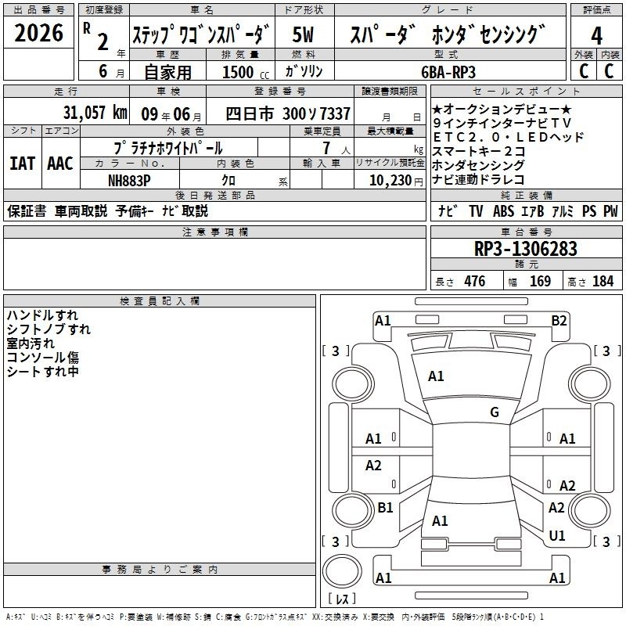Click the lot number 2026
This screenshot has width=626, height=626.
[x=38, y=33]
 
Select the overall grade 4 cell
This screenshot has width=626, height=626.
[x=596, y=36]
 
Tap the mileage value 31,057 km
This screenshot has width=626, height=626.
[x=95, y=113]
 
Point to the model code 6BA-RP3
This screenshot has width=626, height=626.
[x=448, y=72]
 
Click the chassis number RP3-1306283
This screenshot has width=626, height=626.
[x=525, y=248]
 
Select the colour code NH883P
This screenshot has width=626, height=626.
[x=129, y=181]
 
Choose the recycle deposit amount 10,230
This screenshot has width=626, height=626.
[x=390, y=181]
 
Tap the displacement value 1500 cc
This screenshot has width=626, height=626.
[x=246, y=72]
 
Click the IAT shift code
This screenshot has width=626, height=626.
[x=23, y=164]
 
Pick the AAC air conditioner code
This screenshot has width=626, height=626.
[x=60, y=164]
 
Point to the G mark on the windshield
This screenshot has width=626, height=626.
[x=495, y=412]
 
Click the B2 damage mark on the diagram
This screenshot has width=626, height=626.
[x=559, y=321]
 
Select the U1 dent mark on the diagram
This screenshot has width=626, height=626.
[x=557, y=535]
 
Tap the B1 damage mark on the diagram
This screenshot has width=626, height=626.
[x=385, y=507]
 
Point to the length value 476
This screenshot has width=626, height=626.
[x=475, y=282]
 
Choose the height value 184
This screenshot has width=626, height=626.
[x=603, y=282]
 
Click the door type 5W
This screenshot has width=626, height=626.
[x=303, y=34]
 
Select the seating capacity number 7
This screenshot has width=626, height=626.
[x=326, y=148]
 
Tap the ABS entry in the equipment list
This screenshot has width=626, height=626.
[x=503, y=211]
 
